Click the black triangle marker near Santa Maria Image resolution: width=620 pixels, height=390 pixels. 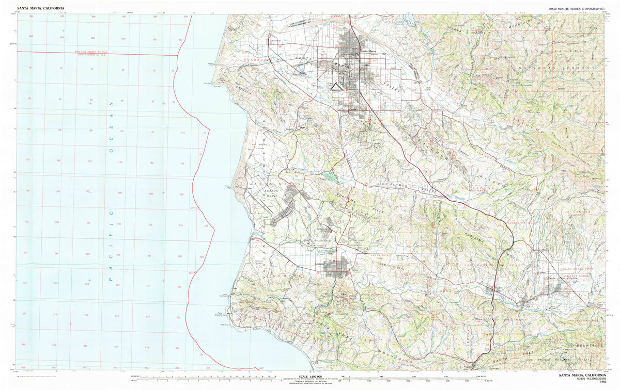(x=336, y=87)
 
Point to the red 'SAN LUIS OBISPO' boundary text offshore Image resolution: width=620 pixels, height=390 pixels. (x=93, y=52)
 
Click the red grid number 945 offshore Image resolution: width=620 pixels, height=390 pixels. (x=63, y=17)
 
